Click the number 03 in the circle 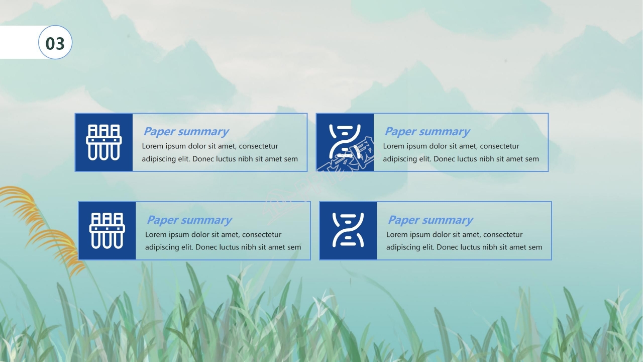[55, 43]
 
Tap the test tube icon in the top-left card [104, 142]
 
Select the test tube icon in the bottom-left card [107, 231]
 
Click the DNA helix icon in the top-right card [345, 142]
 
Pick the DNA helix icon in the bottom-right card [348, 230]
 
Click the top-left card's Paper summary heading [186, 132]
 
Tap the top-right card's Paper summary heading [427, 132]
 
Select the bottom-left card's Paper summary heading [189, 220]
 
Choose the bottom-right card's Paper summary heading [431, 220]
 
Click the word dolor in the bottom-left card [201, 234]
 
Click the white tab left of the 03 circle [20, 42]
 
